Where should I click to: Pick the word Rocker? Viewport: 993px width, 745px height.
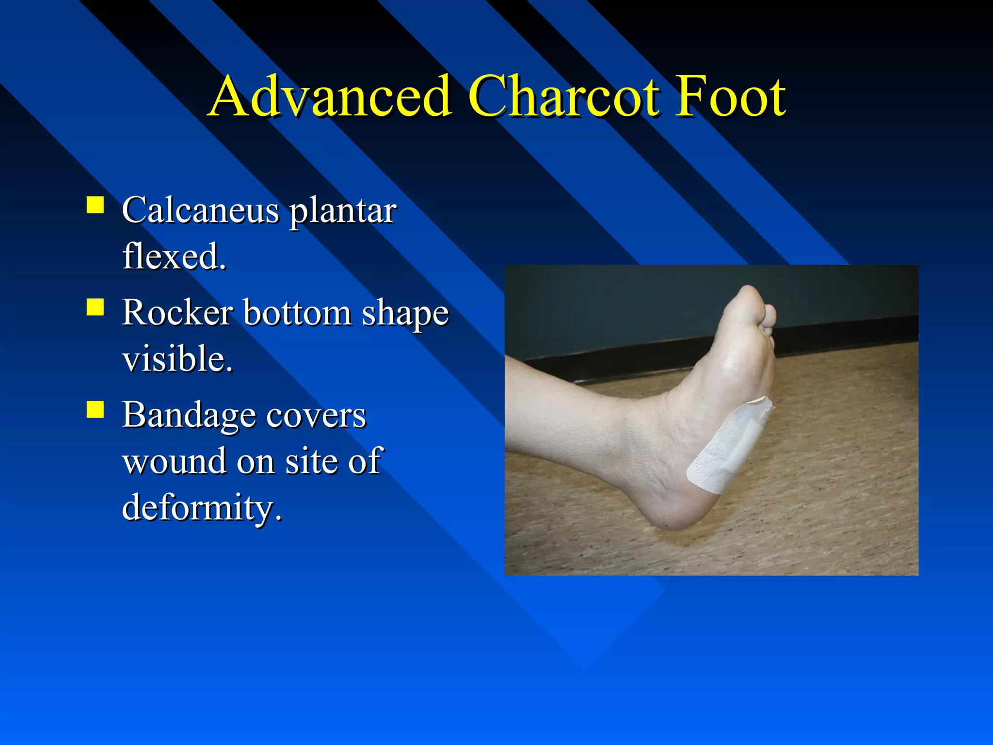pos(177,312)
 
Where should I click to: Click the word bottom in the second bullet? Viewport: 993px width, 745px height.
pos(297,312)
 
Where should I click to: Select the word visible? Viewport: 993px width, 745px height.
pos(177,359)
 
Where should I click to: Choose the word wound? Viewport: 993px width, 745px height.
pos(175,461)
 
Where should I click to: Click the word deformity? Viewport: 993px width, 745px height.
pos(201,507)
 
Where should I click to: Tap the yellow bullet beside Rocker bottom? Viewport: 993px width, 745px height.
pos(96,307)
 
